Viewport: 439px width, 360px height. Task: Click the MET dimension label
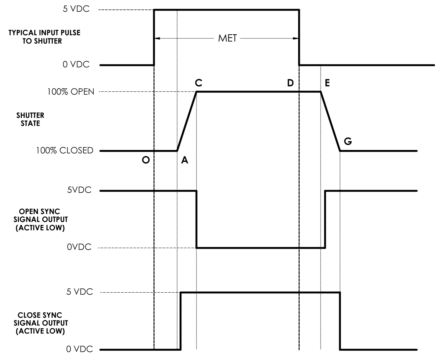227,38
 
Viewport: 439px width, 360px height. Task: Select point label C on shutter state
198,83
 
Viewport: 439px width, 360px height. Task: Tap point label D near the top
290,83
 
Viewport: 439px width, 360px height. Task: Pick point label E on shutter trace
327,83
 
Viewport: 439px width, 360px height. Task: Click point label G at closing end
348,142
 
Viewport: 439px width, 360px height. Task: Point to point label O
145,160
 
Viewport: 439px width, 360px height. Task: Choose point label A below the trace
184,160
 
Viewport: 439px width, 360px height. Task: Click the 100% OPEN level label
71,92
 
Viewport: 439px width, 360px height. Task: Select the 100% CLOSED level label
65,151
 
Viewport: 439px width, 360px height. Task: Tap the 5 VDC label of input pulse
76,9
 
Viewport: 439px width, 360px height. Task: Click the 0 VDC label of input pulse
76,64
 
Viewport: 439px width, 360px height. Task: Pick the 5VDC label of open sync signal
79,190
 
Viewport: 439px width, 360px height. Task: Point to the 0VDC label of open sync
79,248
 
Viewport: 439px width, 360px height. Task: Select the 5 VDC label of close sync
80,292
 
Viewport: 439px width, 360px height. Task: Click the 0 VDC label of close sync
80,349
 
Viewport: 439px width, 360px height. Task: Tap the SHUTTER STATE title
30,119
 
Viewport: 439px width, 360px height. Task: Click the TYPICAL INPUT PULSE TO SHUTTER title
44,37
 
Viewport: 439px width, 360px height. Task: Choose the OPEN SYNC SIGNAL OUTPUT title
40,219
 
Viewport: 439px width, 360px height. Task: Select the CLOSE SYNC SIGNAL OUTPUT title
40,323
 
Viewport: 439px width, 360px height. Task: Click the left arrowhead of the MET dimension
156,38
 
